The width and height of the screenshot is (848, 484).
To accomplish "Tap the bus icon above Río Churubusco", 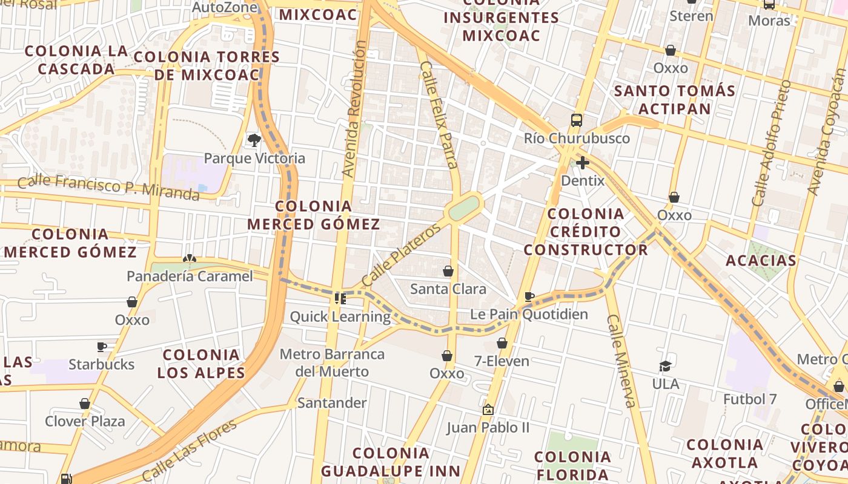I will click(x=576, y=120).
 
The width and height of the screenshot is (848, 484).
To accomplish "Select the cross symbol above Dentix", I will click(x=582, y=162).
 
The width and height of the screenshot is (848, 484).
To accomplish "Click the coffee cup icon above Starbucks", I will click(x=102, y=347).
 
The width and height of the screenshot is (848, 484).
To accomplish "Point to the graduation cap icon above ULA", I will click(x=665, y=366).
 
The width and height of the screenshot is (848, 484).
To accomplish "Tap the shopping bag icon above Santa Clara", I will click(x=448, y=271).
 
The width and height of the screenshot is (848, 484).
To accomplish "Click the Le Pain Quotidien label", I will click(x=529, y=314).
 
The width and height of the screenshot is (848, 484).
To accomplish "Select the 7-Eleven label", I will click(x=502, y=361).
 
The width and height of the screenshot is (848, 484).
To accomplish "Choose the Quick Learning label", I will click(x=340, y=316).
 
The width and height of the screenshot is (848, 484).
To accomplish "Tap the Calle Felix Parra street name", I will click(x=438, y=114).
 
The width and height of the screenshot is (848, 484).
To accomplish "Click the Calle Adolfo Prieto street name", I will click(x=770, y=143).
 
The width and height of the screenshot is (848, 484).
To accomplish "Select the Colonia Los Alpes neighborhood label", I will click(x=201, y=364).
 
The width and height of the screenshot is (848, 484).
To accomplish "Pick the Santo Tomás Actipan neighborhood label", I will click(x=674, y=100).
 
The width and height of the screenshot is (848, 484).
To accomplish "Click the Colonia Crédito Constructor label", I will click(x=586, y=232).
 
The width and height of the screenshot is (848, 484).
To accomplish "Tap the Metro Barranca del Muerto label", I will click(x=332, y=362).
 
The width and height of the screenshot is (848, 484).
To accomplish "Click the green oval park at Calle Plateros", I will click(x=465, y=208).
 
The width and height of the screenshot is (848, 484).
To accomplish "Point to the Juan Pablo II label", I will click(x=488, y=428).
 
